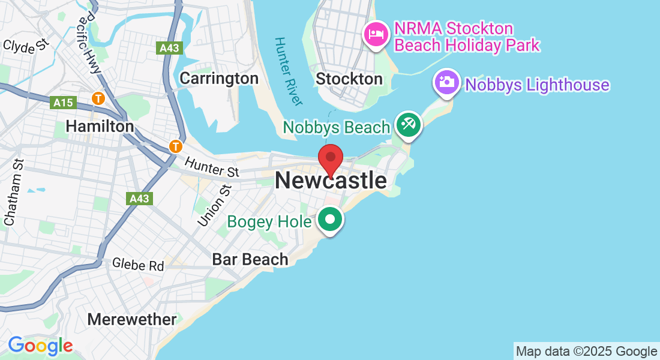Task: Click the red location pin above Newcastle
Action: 330,158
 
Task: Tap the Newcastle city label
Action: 331,181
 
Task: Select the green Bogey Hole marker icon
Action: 329,220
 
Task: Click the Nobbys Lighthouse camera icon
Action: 447,82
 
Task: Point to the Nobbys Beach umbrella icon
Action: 409,125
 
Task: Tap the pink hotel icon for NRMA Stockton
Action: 376,33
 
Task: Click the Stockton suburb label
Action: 349,79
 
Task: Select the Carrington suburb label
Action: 219,78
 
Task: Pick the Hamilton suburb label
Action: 100,127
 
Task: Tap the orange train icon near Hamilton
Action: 98,97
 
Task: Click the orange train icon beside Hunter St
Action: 175,146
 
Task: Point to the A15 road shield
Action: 63,103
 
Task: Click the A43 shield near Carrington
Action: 170,49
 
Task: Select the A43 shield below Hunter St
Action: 140,198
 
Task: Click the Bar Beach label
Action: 250,259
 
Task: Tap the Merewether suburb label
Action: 132,319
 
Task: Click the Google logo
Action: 40,346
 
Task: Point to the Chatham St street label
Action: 13,192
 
